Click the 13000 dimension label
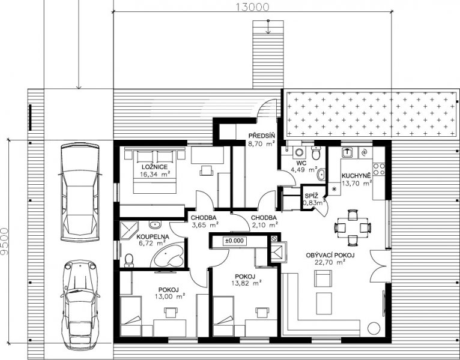[x=253, y=7]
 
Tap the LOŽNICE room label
[x=154, y=167]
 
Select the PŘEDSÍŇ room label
[x=262, y=136]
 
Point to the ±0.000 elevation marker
[x=234, y=241]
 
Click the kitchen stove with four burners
[x=378, y=169]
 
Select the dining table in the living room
[x=353, y=227]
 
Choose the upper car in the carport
[x=80, y=192]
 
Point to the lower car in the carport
[x=80, y=305]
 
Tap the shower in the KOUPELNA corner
[x=129, y=231]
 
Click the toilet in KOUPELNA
[x=129, y=260]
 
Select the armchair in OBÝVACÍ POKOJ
[x=323, y=278]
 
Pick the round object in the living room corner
[x=374, y=328]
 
